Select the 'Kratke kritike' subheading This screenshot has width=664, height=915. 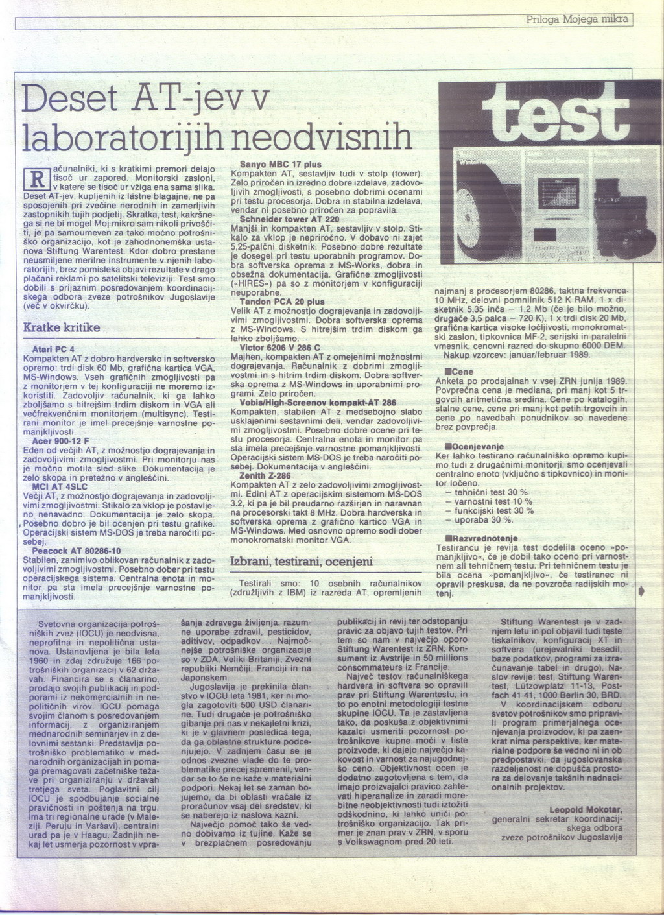[x=62, y=327]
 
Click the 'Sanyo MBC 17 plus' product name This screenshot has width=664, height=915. [x=281, y=165]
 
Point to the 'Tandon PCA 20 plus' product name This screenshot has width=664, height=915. [x=282, y=302]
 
